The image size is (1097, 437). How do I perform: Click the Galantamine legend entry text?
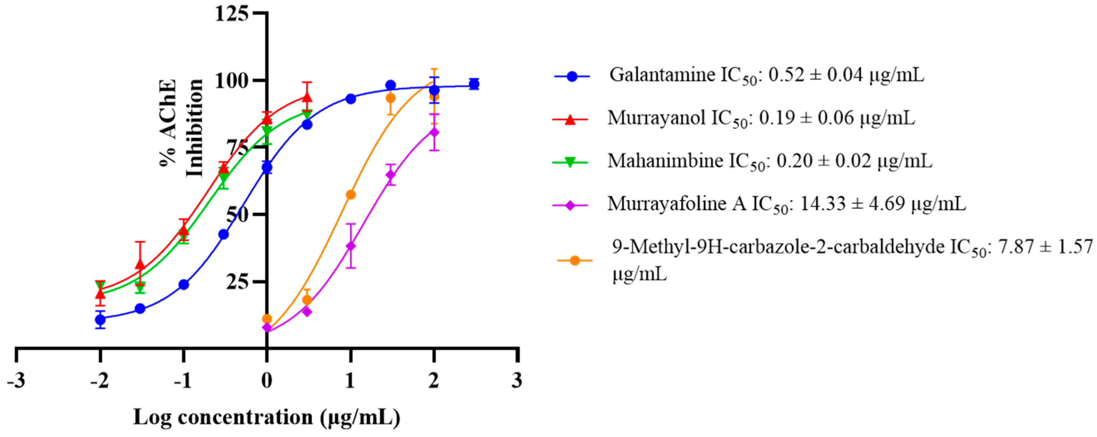coord(766,76)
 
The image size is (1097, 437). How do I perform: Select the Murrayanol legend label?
coord(761,118)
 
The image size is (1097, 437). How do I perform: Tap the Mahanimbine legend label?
coord(770,161)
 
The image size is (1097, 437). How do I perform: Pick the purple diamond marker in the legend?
coord(570,205)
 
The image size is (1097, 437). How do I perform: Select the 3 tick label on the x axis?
coord(517,380)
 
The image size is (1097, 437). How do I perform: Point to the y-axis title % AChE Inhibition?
coord(181,129)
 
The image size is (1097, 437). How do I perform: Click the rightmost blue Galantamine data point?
coord(473,84)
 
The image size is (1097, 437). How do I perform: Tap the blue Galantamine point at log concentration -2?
coord(100,319)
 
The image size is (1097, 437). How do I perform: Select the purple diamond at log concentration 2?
coord(434,132)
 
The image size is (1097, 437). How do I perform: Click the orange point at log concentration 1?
coord(350,194)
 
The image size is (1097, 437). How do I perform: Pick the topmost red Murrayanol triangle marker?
coord(307,97)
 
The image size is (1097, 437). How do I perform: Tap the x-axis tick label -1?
coord(183,380)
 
